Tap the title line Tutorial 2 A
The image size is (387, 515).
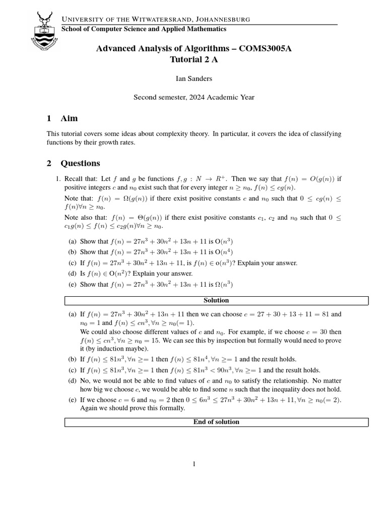193,59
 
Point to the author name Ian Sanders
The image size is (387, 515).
193,78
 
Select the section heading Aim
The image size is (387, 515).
69,119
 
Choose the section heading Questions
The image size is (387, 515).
80,163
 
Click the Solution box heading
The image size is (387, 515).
216,300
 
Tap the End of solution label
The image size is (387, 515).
216,422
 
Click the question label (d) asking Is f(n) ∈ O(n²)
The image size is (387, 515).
72,274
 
